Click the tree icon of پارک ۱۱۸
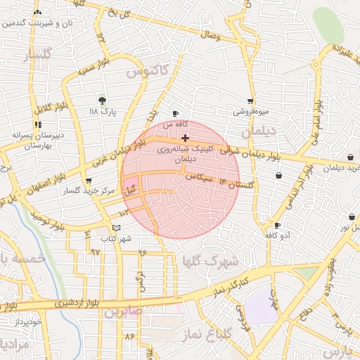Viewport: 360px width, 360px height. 103,101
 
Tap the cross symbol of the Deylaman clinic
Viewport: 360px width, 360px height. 185,139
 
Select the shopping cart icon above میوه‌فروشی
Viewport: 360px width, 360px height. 250,101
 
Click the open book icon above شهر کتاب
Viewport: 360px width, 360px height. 116,229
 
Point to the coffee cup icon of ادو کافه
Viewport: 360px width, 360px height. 277,226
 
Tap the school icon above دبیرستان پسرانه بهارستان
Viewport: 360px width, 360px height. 37,124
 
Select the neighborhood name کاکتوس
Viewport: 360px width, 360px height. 146,72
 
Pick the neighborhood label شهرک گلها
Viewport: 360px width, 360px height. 210,261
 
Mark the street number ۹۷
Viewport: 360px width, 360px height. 96,251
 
